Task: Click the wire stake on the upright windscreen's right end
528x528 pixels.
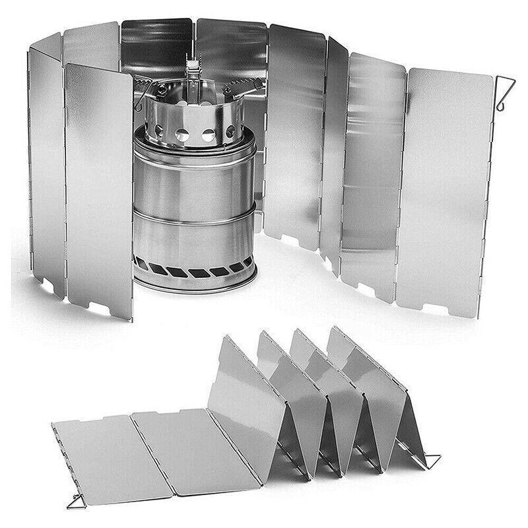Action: tap(505, 93)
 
